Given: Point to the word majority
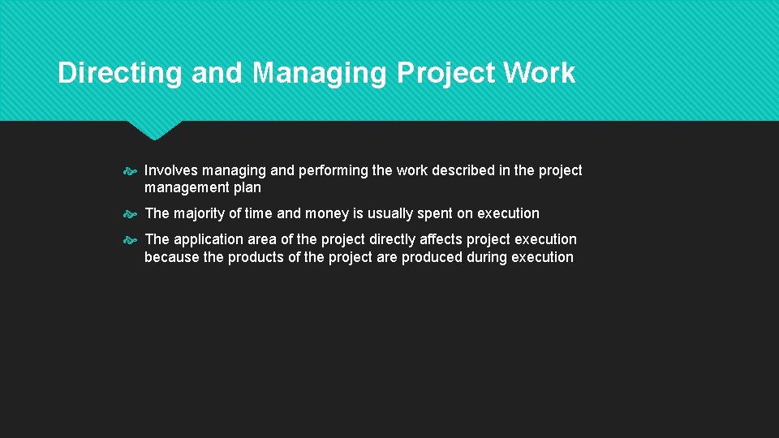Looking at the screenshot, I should point(200,213).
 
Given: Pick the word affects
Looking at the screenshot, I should point(444,239).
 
